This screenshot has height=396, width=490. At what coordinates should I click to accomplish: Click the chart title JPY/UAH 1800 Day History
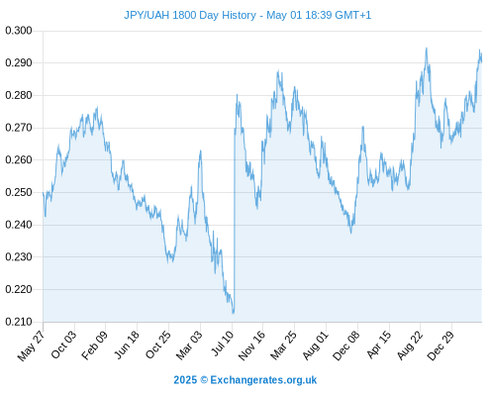(190, 15)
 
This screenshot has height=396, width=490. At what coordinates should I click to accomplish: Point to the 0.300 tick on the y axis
(19, 31)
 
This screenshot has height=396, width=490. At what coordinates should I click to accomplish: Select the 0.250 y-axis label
(19, 192)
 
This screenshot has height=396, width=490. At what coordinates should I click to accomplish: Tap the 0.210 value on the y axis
(19, 322)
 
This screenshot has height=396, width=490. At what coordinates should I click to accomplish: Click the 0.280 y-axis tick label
(19, 95)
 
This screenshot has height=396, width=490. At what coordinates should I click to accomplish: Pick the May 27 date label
(31, 346)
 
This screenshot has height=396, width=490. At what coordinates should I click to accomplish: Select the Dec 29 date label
(441, 346)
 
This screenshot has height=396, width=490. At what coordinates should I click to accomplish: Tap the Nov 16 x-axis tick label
(251, 346)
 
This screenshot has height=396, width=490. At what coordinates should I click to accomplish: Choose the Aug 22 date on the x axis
(410, 346)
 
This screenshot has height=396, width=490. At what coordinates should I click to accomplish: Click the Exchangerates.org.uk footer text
(263, 380)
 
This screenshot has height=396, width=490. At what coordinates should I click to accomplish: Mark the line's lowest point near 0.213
(233, 313)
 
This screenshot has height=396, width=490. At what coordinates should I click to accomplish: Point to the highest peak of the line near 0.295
(427, 49)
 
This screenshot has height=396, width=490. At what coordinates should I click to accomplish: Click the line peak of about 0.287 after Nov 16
(278, 70)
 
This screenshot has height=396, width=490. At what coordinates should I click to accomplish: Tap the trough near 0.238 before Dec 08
(351, 233)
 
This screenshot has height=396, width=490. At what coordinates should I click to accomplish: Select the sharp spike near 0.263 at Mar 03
(200, 150)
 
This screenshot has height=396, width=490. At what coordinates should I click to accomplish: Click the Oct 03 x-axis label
(63, 345)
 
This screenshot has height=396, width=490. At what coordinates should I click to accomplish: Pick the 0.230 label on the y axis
(19, 257)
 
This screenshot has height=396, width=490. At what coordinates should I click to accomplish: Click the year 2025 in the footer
(185, 380)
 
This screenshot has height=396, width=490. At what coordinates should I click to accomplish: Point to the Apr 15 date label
(378, 345)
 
